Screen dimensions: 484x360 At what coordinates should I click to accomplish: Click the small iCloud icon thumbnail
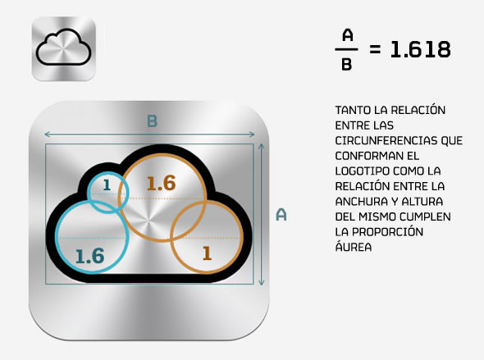pyautogui.click(x=64, y=48)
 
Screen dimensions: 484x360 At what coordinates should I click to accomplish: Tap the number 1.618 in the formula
pyautogui.click(x=420, y=49)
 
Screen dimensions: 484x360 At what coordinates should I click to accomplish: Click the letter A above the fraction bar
pyautogui.click(x=347, y=35)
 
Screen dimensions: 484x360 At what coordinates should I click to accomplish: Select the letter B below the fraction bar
pyautogui.click(x=347, y=65)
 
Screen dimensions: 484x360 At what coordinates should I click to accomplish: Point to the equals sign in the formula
pyautogui.click(x=375, y=49)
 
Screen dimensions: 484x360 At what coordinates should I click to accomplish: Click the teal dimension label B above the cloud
pyautogui.click(x=153, y=121)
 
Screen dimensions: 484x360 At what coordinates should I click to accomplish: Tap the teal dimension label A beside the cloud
pyautogui.click(x=281, y=215)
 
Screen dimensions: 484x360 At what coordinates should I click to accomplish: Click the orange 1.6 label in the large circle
pyautogui.click(x=161, y=183)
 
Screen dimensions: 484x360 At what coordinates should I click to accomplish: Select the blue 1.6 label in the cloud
pyautogui.click(x=89, y=256)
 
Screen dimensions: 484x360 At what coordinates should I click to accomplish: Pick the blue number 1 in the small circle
pyautogui.click(x=107, y=185)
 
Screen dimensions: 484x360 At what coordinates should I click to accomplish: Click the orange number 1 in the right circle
pyautogui.click(x=207, y=253)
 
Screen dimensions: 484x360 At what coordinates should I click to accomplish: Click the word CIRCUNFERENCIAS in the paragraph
pyautogui.click(x=386, y=141)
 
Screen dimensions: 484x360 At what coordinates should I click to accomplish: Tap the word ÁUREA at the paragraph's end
pyautogui.click(x=354, y=247)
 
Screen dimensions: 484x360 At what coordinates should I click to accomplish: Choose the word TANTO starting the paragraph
pyautogui.click(x=353, y=110)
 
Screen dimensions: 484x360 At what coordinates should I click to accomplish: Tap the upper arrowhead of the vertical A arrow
pyautogui.click(x=262, y=146)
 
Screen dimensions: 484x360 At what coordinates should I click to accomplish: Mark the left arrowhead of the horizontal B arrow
pyautogui.click(x=47, y=134)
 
